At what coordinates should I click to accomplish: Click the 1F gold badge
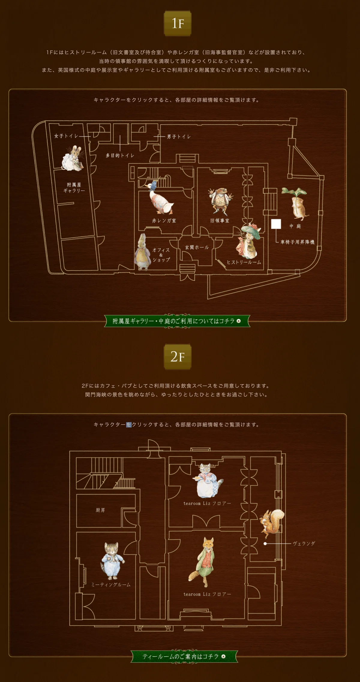tap(178, 23)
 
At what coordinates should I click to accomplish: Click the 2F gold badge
tap(178, 357)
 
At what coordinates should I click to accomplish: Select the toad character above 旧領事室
tap(220, 201)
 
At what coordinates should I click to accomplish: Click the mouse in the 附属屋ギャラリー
tap(73, 158)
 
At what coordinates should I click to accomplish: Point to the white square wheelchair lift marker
tap(276, 224)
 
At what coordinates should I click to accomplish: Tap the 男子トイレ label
tap(179, 137)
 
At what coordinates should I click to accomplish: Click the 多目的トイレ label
tap(120, 155)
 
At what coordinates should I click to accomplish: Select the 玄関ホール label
tap(197, 247)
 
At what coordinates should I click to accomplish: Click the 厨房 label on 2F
tap(100, 510)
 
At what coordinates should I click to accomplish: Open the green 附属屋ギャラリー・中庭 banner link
tap(177, 321)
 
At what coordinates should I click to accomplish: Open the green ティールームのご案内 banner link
tap(184, 656)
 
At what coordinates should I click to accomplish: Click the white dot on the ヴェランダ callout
tap(265, 543)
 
